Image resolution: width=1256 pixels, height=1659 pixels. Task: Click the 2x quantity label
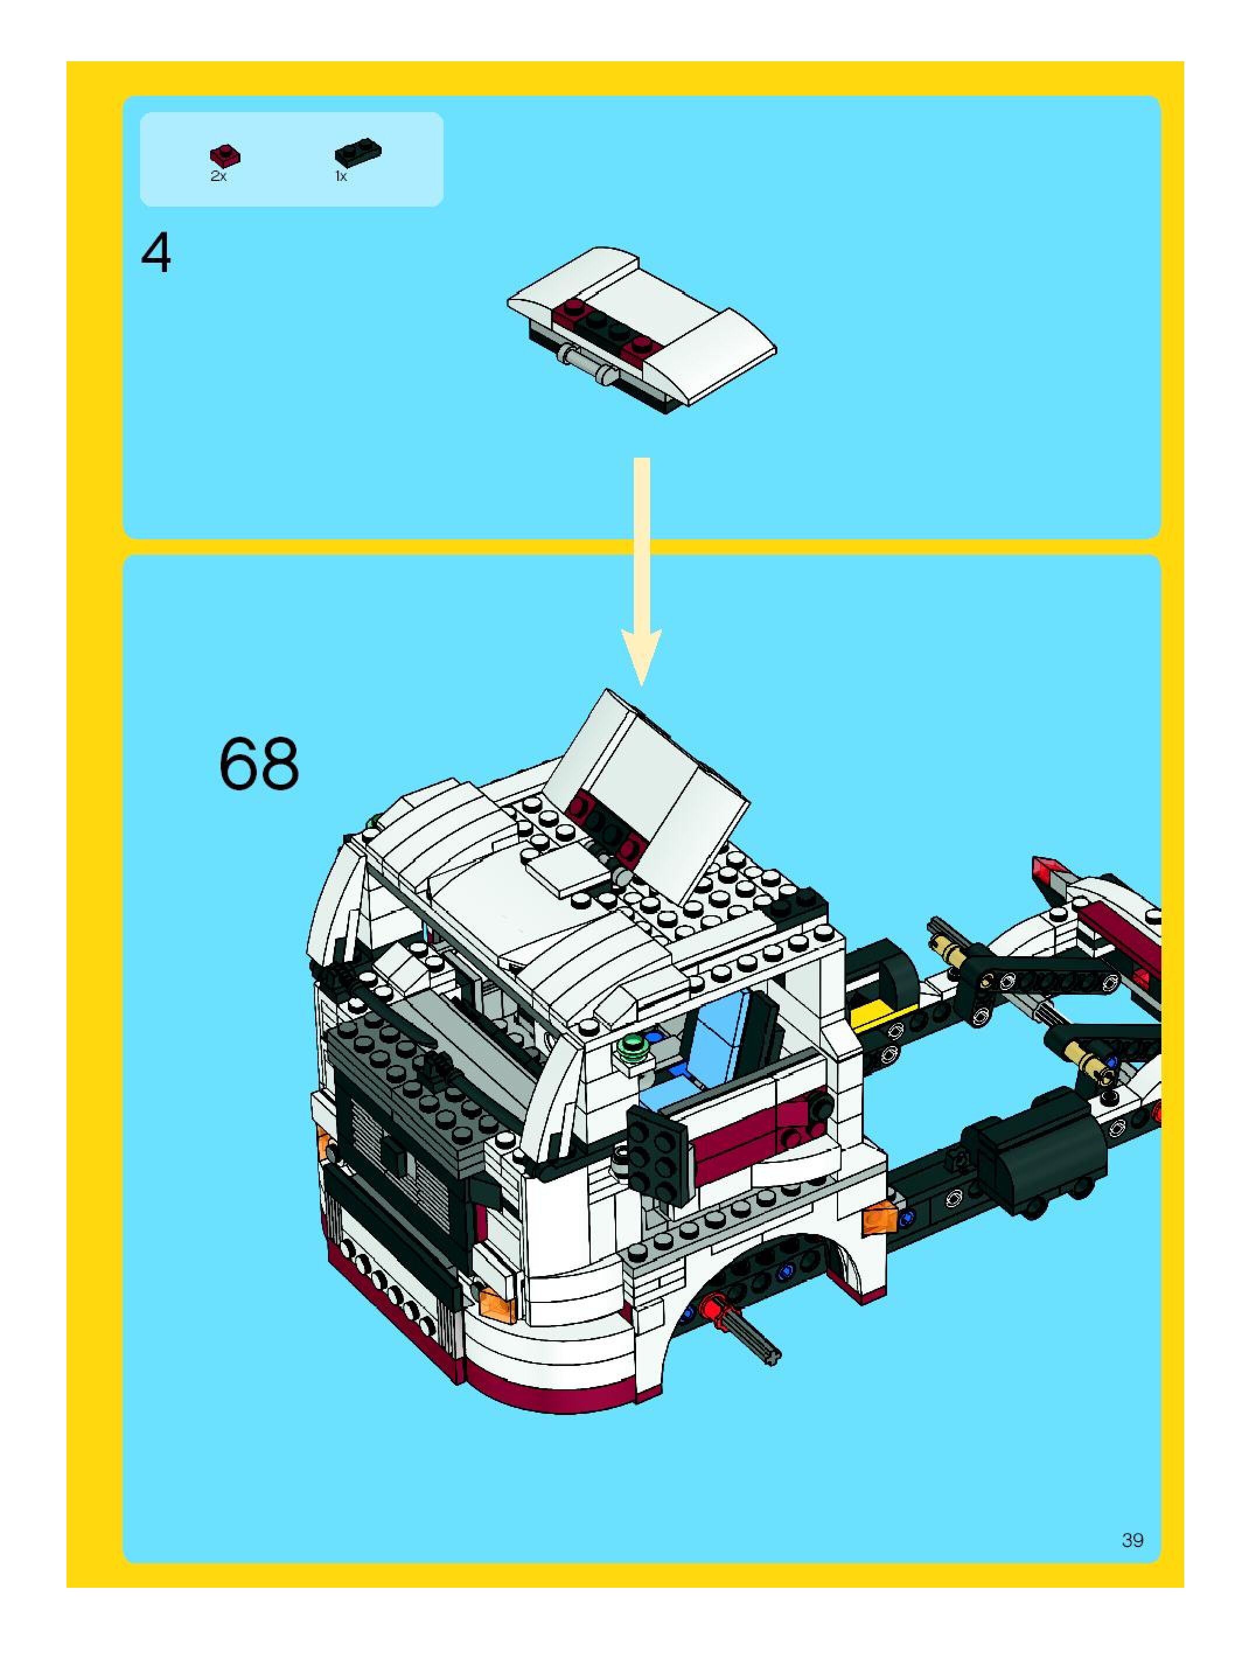pyautogui.click(x=218, y=176)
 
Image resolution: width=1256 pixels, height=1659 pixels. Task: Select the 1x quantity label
pyautogui.click(x=340, y=176)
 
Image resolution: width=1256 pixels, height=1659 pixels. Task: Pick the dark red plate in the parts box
pyautogui.click(x=225, y=155)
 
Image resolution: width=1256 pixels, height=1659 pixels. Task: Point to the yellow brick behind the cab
pyautogui.click(x=874, y=1017)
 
